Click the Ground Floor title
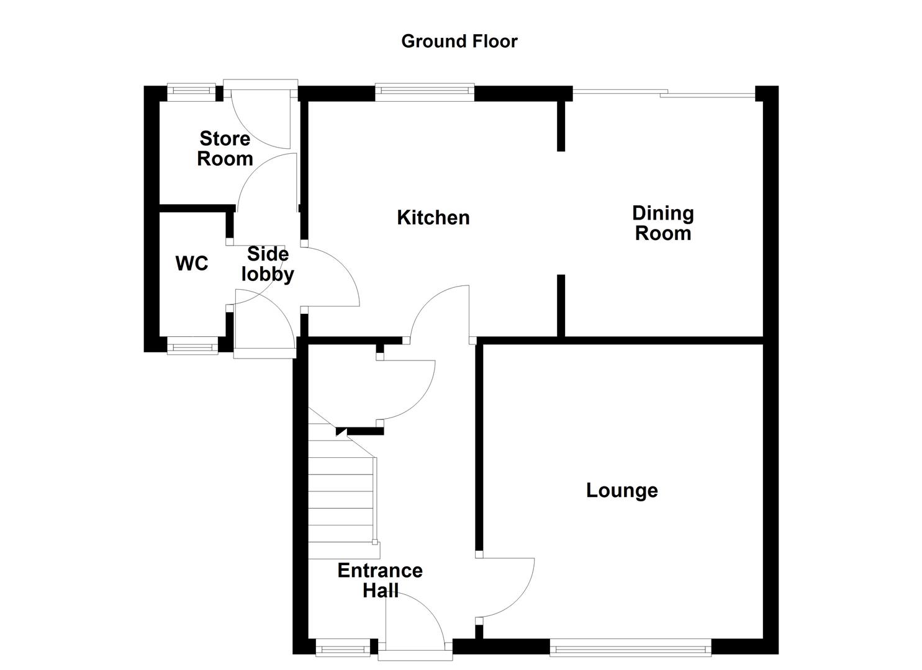[x=459, y=41]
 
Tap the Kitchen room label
[x=433, y=218]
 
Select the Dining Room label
[x=662, y=223]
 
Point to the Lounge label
[x=621, y=491]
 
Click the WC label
[x=192, y=264]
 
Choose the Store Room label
[x=225, y=149]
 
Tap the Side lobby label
[x=268, y=264]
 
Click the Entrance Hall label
[x=380, y=580]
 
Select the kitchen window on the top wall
[x=425, y=93]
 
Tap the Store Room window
[x=191, y=92]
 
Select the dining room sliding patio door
[x=663, y=94]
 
